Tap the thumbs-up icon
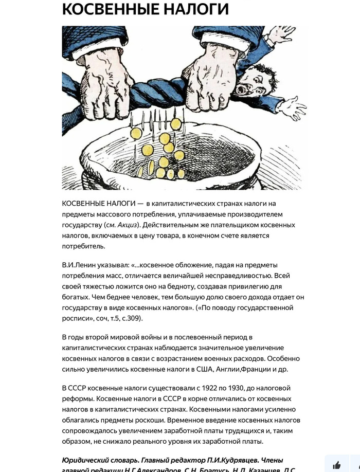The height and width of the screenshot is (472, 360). click(337, 465)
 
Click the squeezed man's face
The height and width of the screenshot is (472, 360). click(253, 82)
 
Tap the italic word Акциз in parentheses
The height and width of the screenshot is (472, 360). click(128, 225)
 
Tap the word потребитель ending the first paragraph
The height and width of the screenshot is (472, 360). click(83, 246)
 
